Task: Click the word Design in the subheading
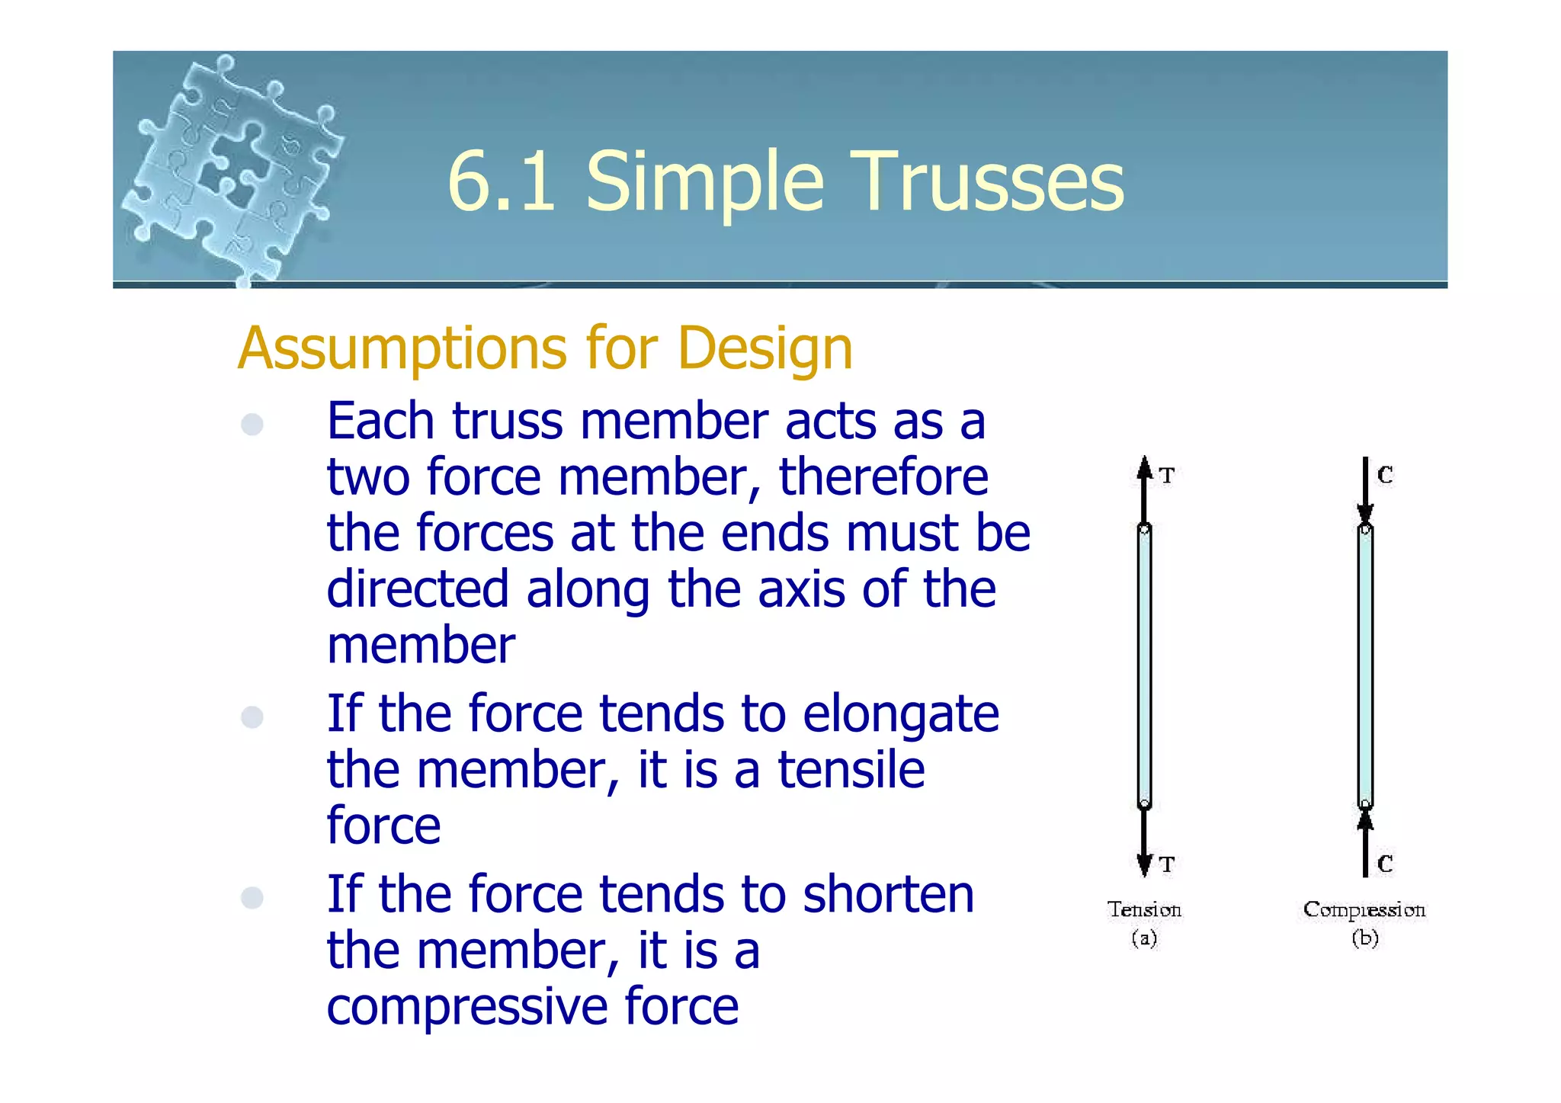click(764, 348)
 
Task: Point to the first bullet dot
click(252, 424)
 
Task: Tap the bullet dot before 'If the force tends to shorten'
click(252, 897)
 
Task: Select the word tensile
click(851, 770)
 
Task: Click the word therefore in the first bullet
click(883, 478)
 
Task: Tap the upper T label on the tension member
click(1167, 476)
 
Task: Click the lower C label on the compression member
click(1385, 864)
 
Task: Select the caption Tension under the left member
click(1144, 909)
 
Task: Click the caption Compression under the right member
click(1364, 909)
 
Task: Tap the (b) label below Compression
click(1364, 938)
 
